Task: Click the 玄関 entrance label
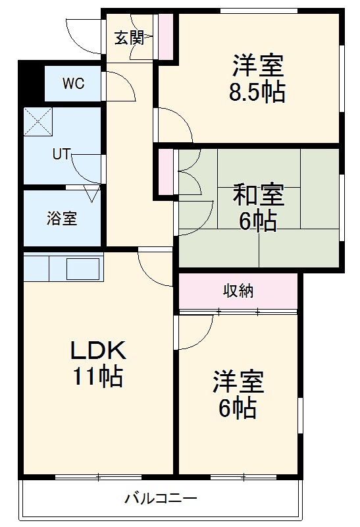[129, 38]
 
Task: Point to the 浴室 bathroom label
[62, 219]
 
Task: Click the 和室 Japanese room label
[257, 196]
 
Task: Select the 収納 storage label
[238, 290]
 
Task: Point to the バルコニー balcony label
[161, 498]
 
